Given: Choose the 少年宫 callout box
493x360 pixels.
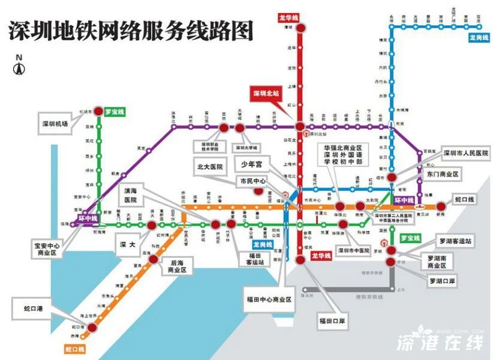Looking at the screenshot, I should [x=252, y=163].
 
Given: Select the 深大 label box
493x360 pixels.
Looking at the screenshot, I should [x=127, y=244].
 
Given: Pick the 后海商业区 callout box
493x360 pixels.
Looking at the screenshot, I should [x=179, y=266].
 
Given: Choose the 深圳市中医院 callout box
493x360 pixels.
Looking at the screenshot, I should [x=354, y=250].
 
